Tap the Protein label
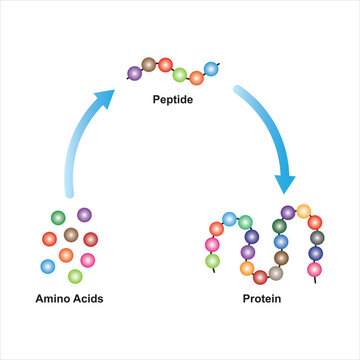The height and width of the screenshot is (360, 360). (x=262, y=299)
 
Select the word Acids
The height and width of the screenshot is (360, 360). (x=87, y=299)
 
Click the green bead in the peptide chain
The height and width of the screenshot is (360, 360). (x=181, y=75)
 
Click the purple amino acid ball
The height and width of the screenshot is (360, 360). (x=84, y=214)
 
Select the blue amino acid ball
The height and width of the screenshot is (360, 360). (x=47, y=267)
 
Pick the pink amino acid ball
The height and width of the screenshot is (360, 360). (x=87, y=260)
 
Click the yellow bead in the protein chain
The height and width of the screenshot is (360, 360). (x=304, y=211)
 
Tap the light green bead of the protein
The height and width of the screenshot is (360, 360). (x=213, y=261)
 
